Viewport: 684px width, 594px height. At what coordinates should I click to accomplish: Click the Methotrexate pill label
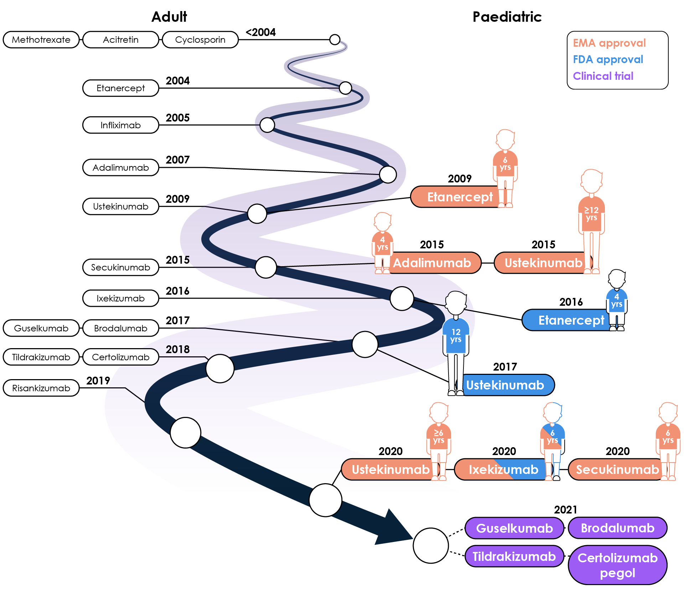(41, 40)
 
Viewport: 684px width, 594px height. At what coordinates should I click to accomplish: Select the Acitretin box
(120, 40)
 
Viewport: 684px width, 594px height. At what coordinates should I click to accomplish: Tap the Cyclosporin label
(200, 40)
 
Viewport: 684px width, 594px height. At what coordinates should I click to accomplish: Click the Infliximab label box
(120, 125)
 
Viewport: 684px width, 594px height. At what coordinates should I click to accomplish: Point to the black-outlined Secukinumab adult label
(120, 267)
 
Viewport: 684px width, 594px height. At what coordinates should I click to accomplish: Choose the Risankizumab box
(41, 388)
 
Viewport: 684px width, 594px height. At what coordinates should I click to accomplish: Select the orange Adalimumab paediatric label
(432, 263)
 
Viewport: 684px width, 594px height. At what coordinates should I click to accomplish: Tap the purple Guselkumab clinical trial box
(514, 528)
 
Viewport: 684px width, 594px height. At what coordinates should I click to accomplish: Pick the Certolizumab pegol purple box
(617, 565)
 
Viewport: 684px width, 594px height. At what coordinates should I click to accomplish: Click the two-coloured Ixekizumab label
(503, 470)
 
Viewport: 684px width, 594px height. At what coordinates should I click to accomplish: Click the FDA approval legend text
(608, 60)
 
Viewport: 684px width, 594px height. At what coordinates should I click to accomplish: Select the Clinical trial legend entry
(603, 76)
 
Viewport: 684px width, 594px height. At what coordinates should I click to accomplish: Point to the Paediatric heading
(507, 17)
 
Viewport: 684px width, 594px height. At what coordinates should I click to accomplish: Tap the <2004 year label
(261, 32)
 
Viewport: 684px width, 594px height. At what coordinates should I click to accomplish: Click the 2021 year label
(565, 510)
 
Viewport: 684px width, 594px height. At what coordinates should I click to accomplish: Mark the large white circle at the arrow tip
(431, 546)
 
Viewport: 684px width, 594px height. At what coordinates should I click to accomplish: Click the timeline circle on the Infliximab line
(267, 125)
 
